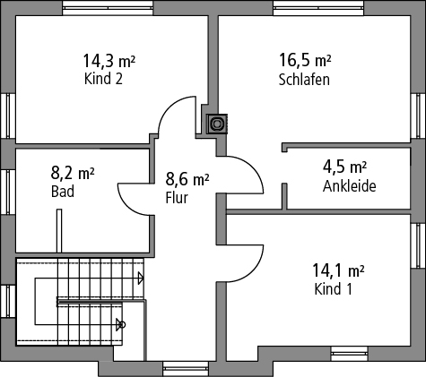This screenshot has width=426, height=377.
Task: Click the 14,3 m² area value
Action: coord(109,61)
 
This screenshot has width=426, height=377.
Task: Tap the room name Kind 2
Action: coord(103,79)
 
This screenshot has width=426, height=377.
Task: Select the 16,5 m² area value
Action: coord(305,60)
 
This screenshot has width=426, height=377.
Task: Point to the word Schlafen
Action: coord(304,80)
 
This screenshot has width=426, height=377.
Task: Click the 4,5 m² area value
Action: coord(344,167)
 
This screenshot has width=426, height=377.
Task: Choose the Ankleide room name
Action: coord(349,186)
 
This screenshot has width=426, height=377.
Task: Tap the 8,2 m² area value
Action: coord(73,173)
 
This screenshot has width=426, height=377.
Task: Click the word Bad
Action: coord(63,192)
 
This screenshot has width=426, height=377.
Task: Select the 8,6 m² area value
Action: coord(187,179)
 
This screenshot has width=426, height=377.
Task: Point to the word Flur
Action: coord(177,198)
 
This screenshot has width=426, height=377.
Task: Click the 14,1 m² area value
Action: coord(338,270)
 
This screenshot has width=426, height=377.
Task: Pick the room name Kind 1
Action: coord(333,289)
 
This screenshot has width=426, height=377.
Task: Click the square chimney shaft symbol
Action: coord(217,124)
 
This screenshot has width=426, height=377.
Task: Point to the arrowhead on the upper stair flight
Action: coord(141,278)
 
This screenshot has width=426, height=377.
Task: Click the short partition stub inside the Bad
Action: coord(59,230)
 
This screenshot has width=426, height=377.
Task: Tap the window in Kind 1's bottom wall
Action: coord(350,354)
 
